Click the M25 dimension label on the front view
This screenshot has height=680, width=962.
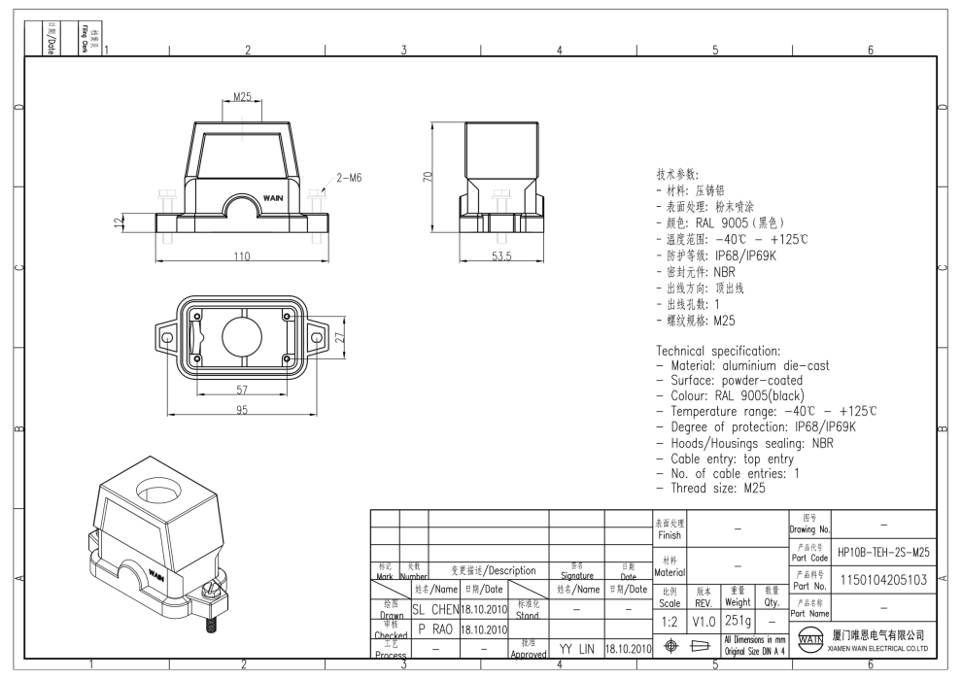[x=243, y=97]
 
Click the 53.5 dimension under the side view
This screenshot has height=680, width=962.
[x=500, y=256]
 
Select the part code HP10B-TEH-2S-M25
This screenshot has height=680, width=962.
[x=883, y=552]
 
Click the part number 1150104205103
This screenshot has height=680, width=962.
[x=883, y=580]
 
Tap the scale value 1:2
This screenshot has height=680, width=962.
[x=670, y=619]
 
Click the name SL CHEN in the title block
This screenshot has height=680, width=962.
[x=433, y=609]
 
